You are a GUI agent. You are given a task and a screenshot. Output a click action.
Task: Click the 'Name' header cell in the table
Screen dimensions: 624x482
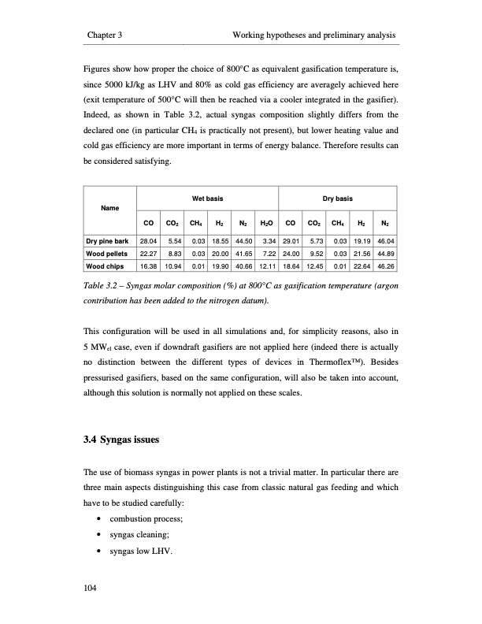pos(109,209)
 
